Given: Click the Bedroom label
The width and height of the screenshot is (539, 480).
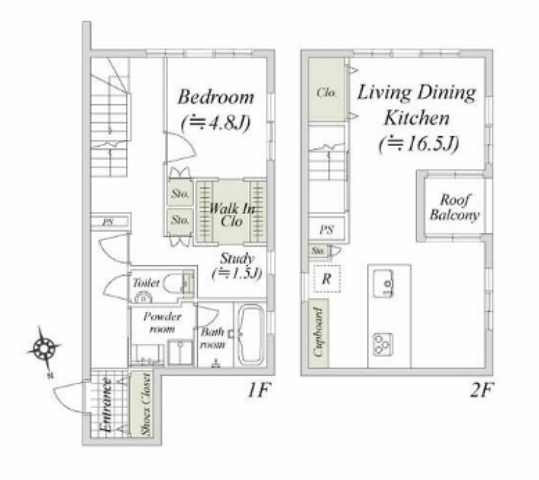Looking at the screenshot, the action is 216,97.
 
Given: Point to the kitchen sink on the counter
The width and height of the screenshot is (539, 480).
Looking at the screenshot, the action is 383,283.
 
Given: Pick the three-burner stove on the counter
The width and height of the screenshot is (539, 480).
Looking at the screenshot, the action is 383,344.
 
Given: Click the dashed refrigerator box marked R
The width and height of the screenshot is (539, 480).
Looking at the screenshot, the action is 327,278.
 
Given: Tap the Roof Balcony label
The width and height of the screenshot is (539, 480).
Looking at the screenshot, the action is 454,208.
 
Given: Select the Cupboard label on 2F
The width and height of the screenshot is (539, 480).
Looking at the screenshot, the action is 318,332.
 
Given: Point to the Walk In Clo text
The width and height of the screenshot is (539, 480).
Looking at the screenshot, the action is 231,214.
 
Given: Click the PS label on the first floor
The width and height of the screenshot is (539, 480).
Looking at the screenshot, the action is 108,222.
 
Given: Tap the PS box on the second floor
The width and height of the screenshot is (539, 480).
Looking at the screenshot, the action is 327,229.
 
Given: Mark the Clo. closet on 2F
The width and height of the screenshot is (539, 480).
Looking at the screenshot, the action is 327,90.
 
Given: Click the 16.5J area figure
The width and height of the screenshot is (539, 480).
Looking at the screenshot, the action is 418,144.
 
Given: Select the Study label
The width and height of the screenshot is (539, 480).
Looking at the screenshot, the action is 237,258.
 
